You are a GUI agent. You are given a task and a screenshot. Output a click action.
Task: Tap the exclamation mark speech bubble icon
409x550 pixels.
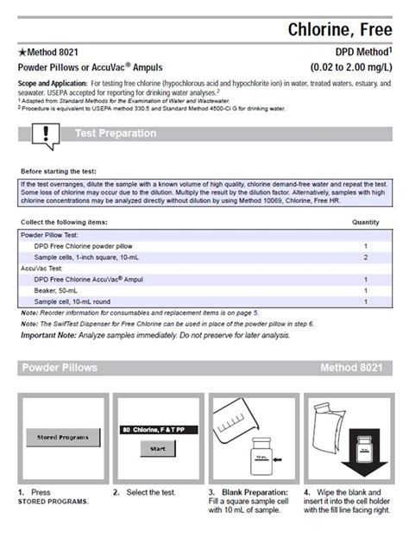click(43, 134)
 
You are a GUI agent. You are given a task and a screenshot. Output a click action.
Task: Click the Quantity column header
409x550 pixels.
click(366, 222)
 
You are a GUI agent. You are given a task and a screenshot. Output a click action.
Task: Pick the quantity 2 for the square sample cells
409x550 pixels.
click(366, 257)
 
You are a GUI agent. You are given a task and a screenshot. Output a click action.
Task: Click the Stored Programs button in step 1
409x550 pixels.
click(62, 437)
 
